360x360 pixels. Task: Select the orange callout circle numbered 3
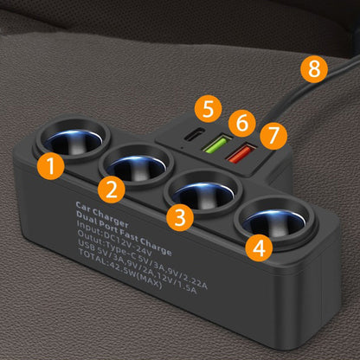178,217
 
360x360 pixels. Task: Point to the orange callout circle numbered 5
209,110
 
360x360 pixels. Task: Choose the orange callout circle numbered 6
243,122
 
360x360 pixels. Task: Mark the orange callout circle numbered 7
274,135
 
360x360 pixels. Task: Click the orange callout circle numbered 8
314,68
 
